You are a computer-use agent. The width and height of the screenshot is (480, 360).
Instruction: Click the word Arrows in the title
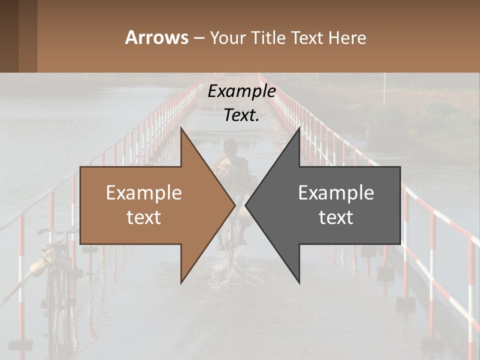[156, 37]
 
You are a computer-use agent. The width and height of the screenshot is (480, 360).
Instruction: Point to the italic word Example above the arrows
[241, 91]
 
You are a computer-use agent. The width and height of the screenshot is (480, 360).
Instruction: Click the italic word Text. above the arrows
[241, 115]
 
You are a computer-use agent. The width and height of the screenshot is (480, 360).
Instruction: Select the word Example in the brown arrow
[144, 192]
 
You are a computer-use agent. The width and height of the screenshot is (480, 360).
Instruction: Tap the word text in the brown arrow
[144, 217]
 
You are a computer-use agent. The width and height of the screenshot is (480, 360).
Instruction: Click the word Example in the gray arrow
[336, 192]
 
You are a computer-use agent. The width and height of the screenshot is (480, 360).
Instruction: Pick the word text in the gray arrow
[336, 217]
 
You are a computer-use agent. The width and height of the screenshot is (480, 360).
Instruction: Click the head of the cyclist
[230, 146]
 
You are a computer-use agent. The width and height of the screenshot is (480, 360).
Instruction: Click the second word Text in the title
[307, 37]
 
